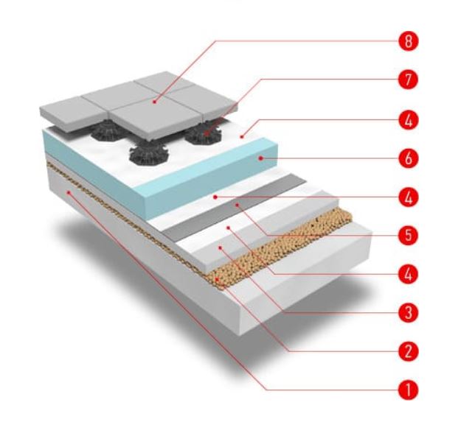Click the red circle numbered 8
[409, 41]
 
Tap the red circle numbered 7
[409, 80]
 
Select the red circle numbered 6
[409, 158]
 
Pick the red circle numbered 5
[409, 236]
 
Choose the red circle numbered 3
[409, 312]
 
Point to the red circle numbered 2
[409, 351]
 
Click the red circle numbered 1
[409, 390]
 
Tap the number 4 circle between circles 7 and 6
[409, 120]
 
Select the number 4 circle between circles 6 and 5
[409, 197]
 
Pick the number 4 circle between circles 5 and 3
[409, 274]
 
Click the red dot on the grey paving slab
[155, 102]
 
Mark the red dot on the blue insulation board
[260, 158]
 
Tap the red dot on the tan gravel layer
[218, 279]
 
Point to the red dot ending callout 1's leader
[69, 192]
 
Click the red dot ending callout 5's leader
[237, 205]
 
